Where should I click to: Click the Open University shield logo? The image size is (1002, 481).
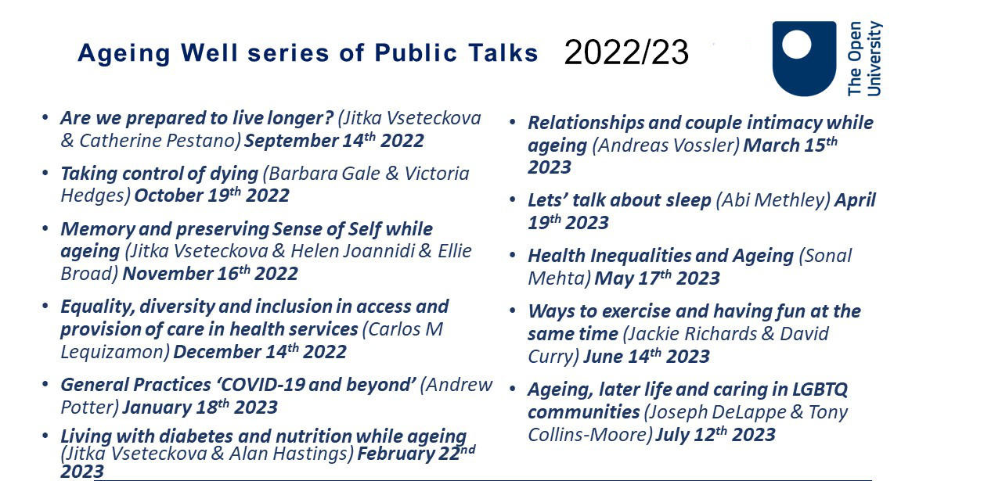tap(804, 59)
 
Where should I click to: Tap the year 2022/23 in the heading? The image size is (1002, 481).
tap(626, 52)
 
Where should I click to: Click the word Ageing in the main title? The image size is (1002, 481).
tap(124, 54)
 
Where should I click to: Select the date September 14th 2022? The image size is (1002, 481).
tap(334, 141)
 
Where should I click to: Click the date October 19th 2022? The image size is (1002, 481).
tap(212, 196)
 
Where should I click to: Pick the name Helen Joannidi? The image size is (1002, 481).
tap(353, 251)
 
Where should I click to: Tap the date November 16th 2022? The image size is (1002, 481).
tap(211, 274)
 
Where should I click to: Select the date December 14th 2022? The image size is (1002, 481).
tap(260, 352)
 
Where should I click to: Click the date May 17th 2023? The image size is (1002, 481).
tap(657, 278)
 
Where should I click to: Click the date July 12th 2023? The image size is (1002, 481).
tap(715, 435)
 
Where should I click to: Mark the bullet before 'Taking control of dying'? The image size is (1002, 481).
tap(45, 173)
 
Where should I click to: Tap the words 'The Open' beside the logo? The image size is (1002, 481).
tap(854, 59)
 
